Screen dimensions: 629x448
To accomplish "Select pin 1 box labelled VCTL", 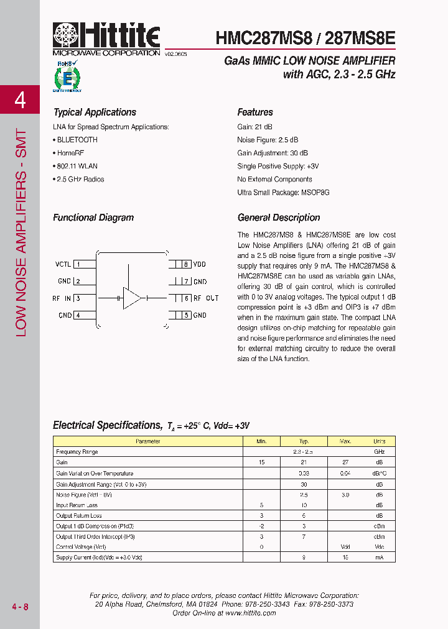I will click(85, 264).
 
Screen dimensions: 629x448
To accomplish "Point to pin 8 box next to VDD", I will click(180, 264).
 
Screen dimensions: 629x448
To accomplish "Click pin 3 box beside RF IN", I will click(85, 298).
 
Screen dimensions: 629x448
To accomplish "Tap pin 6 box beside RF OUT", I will click(180, 298).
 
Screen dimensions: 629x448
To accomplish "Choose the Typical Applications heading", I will click(95, 112).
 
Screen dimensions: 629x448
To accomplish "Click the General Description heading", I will click(279, 218).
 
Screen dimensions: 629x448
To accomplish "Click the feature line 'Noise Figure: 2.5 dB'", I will click(268, 140).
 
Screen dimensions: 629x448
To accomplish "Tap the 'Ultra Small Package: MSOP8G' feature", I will click(283, 193).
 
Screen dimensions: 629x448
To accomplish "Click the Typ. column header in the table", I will click(304, 441).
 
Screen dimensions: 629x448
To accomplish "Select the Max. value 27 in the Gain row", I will click(345, 462).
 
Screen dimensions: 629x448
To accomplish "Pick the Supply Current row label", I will click(99, 558).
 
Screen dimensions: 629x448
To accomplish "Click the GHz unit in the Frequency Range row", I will click(379, 452).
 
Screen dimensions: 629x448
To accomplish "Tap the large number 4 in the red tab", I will click(20, 99).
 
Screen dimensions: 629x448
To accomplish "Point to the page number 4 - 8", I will click(20, 607).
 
